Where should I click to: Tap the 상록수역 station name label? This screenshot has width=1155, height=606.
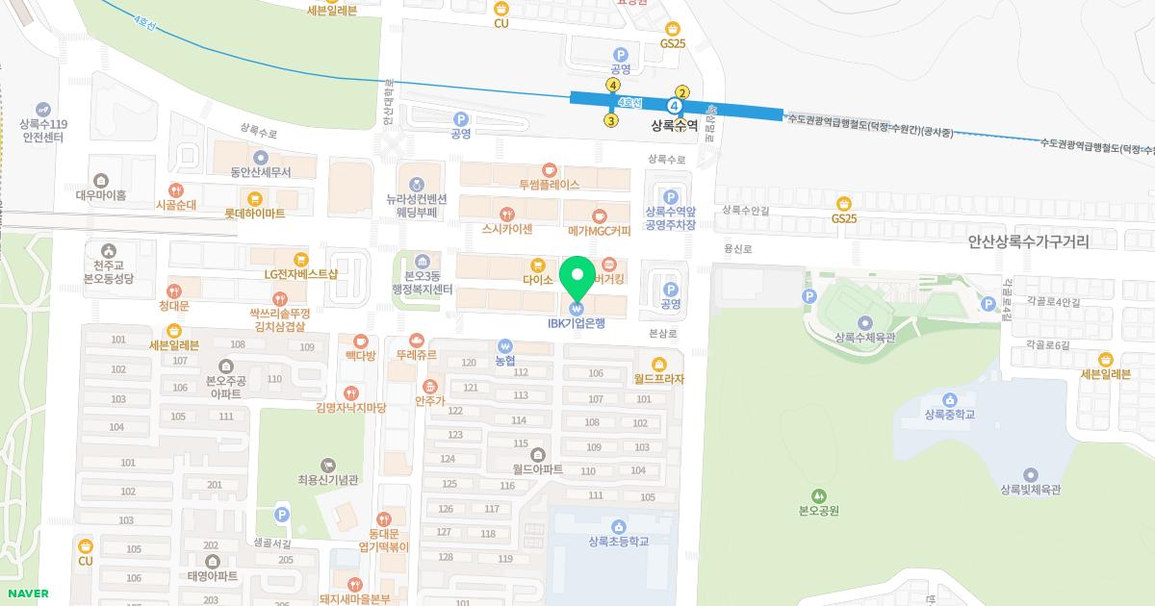674,125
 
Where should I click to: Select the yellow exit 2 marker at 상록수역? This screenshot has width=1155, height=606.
682,92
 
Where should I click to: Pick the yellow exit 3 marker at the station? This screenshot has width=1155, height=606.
610,120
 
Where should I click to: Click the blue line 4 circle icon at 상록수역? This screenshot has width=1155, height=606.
675,105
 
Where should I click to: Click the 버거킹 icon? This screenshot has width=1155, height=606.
607,264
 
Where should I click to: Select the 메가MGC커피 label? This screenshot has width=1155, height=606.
600,230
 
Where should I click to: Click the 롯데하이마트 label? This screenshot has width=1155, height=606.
254,214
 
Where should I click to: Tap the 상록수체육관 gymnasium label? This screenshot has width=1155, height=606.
865,338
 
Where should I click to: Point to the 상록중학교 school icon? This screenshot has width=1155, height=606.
950,400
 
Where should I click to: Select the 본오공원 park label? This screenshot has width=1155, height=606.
819,511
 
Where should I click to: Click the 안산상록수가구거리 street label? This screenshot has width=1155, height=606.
1029,243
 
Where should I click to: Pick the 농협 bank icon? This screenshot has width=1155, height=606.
504,346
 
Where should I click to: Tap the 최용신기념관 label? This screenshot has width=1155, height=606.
328,480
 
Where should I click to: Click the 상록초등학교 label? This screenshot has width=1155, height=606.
618,542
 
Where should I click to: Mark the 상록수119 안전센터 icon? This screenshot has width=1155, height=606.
43,110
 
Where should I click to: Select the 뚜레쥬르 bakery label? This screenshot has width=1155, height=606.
416,355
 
